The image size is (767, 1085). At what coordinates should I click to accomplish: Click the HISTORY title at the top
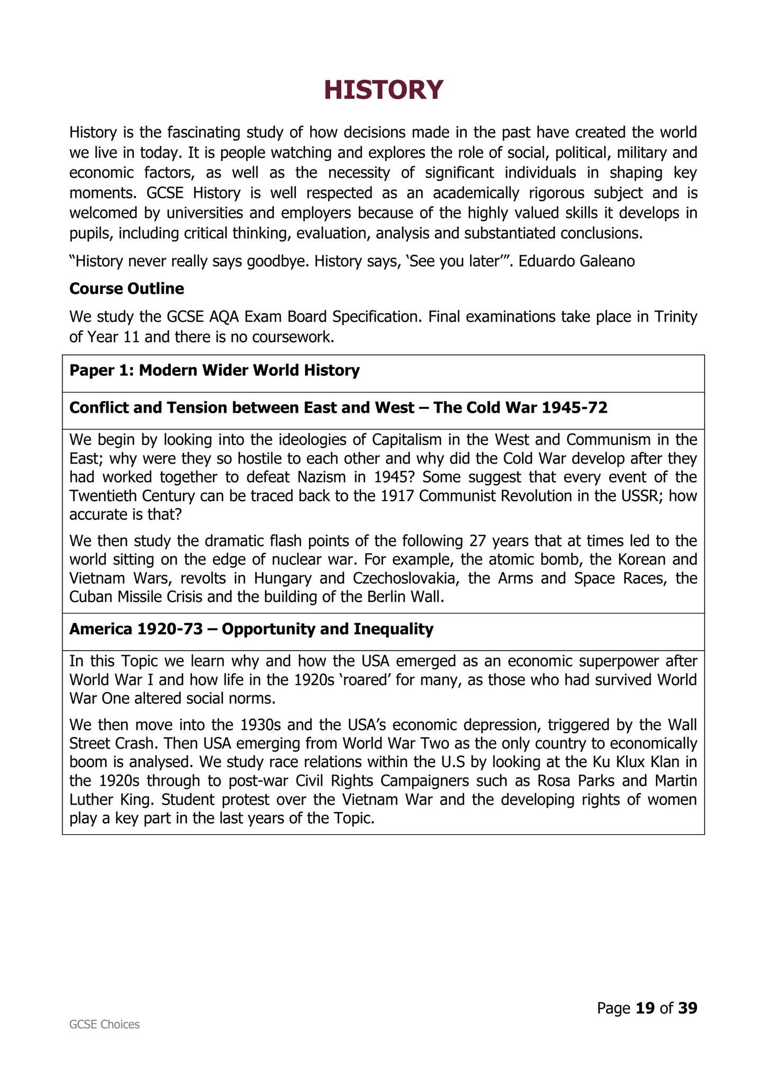(x=383, y=90)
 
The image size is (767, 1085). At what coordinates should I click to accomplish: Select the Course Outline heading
(x=127, y=289)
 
